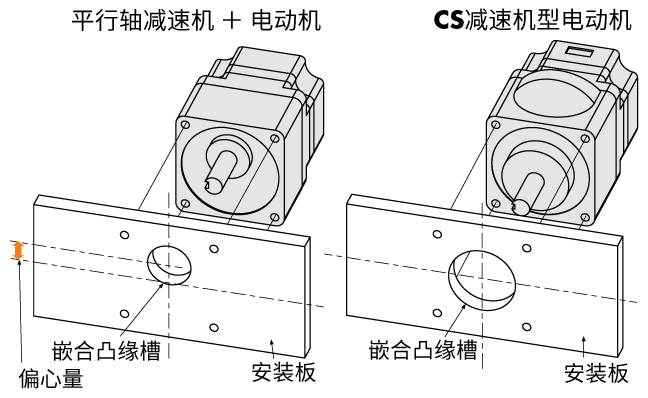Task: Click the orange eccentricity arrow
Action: [x=16, y=251]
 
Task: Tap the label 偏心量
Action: [x=49, y=378]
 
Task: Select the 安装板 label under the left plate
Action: [x=284, y=372]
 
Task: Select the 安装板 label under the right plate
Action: [x=596, y=372]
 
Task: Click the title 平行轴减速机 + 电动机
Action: [x=197, y=20]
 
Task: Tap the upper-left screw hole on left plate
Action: [x=124, y=236]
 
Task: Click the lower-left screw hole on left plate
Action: [x=123, y=312]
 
